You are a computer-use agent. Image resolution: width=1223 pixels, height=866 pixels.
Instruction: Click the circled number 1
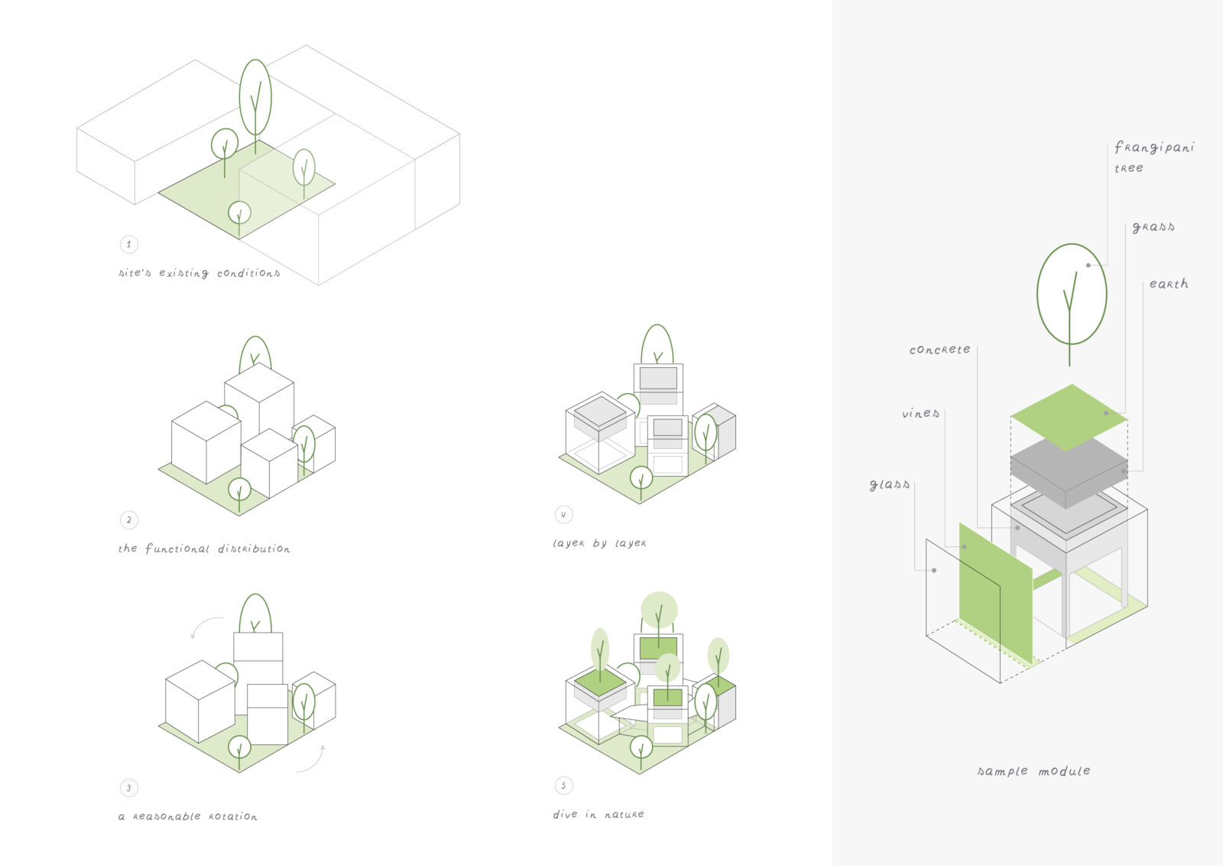click(x=128, y=244)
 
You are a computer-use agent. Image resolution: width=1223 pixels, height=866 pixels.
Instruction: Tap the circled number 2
click(x=128, y=520)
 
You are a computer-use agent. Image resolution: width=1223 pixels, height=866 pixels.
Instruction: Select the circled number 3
click(x=128, y=788)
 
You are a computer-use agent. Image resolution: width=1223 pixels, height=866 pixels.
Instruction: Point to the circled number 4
click(x=563, y=515)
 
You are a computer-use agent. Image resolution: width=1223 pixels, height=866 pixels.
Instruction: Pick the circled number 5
click(x=563, y=786)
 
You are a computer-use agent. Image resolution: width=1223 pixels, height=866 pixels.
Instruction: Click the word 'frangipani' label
click(x=1153, y=148)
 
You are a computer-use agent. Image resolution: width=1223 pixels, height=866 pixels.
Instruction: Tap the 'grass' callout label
click(x=1153, y=227)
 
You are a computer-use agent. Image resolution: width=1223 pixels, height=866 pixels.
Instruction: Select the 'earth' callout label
click(x=1169, y=284)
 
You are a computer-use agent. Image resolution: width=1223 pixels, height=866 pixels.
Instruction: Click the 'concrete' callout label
click(x=939, y=350)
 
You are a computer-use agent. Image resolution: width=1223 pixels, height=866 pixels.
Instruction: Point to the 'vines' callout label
click(x=920, y=414)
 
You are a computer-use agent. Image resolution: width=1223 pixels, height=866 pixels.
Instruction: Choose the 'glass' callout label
click(x=890, y=485)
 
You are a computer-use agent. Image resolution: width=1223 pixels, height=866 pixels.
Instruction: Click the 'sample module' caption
click(x=1033, y=771)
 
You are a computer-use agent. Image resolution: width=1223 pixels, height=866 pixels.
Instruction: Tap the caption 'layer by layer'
click(x=599, y=543)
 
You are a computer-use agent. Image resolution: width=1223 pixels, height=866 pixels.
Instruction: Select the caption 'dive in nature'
click(x=599, y=815)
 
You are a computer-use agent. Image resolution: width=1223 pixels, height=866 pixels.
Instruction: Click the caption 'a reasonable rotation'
click(x=188, y=817)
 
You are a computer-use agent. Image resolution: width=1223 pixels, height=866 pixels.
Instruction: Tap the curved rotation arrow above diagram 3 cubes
click(x=203, y=626)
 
